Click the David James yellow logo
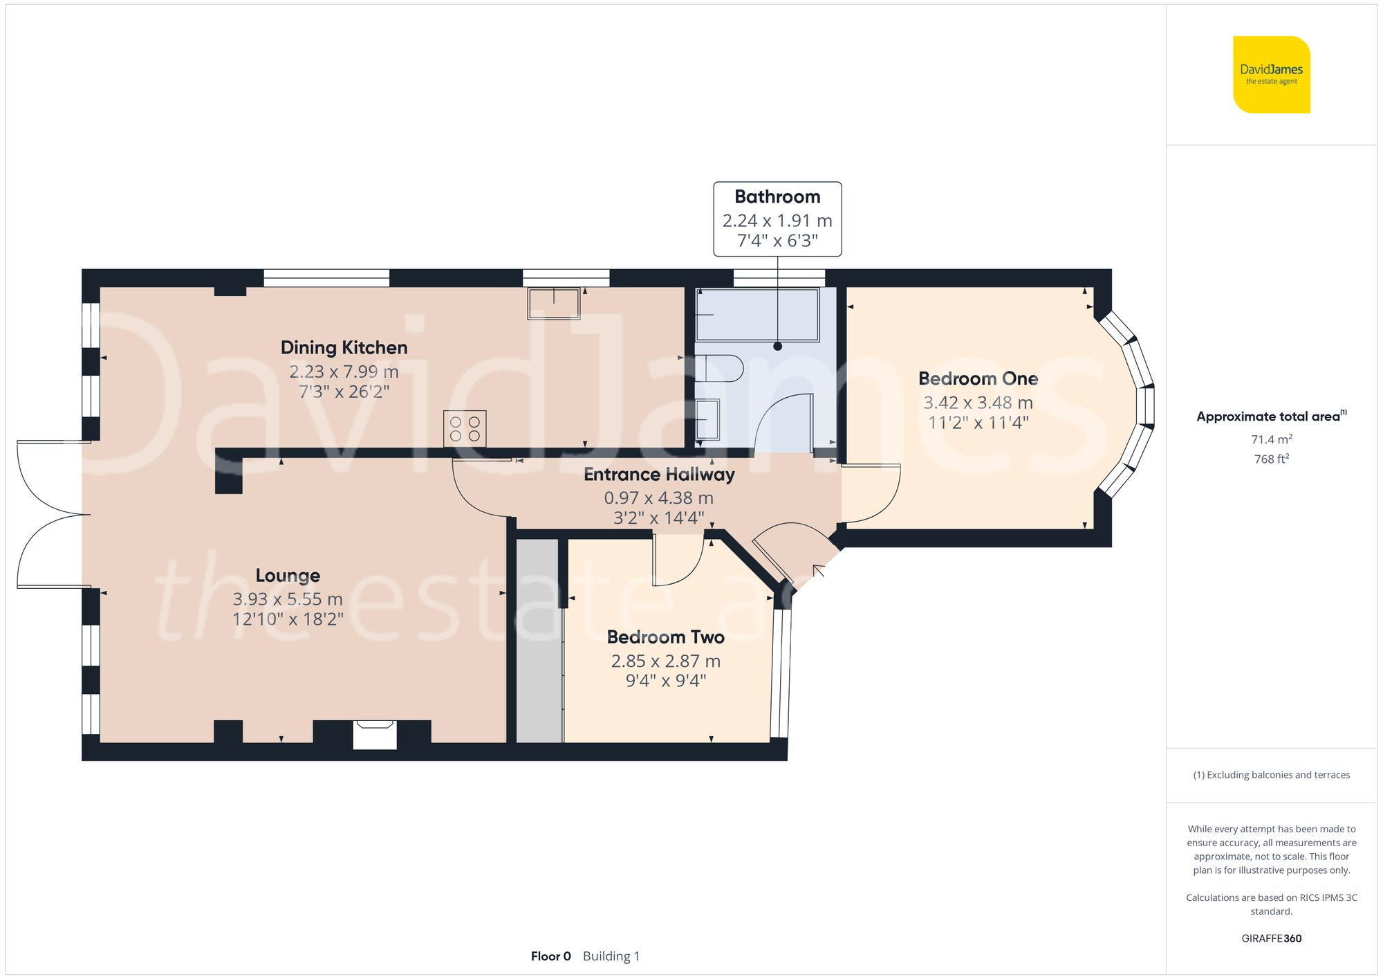(x=1271, y=75)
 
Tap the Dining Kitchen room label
(x=344, y=347)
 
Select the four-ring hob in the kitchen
(x=465, y=428)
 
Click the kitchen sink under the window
(x=554, y=304)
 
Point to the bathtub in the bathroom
(x=757, y=315)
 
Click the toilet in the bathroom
(x=719, y=368)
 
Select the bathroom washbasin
(x=707, y=419)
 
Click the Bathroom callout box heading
(x=777, y=197)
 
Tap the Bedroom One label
(x=978, y=378)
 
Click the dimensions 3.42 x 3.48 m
(x=978, y=402)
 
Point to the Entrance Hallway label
(x=659, y=475)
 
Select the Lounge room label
(x=288, y=576)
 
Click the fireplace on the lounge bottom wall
(x=375, y=735)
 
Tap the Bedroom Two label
(x=665, y=637)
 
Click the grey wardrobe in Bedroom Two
(x=539, y=641)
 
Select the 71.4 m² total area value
(x=1271, y=439)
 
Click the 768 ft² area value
(x=1271, y=459)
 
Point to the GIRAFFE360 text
(x=1271, y=939)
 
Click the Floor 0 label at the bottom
(x=550, y=956)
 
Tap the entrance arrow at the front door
(x=819, y=571)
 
